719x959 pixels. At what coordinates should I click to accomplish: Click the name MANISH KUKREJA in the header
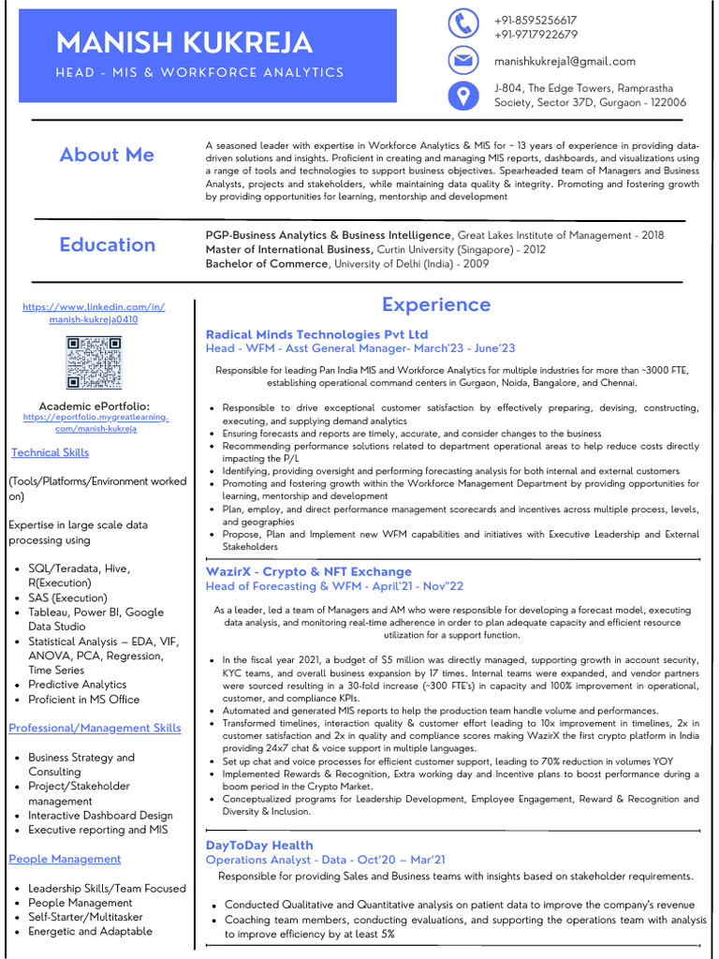184,43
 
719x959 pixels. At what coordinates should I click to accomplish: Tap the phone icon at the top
463,23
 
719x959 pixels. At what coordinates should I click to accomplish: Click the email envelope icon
463,60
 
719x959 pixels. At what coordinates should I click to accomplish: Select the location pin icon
463,96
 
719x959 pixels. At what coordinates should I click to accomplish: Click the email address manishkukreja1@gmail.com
565,61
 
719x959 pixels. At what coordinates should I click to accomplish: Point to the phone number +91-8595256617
536,20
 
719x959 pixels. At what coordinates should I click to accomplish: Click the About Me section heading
107,155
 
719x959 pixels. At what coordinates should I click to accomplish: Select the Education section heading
107,244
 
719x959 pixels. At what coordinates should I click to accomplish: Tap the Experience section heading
435,304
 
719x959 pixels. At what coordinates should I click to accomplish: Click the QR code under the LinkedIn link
94,362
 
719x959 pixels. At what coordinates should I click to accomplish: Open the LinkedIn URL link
94,313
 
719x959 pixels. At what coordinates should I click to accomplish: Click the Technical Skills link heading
50,452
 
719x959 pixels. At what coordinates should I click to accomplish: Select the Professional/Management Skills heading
95,728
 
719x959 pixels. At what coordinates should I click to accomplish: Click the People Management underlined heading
65,859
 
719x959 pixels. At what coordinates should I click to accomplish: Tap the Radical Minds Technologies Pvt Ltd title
316,334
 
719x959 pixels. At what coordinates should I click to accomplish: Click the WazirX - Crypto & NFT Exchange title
308,571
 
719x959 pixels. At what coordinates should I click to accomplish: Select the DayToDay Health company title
259,845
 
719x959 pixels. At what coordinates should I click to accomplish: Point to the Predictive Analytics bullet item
77,685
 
